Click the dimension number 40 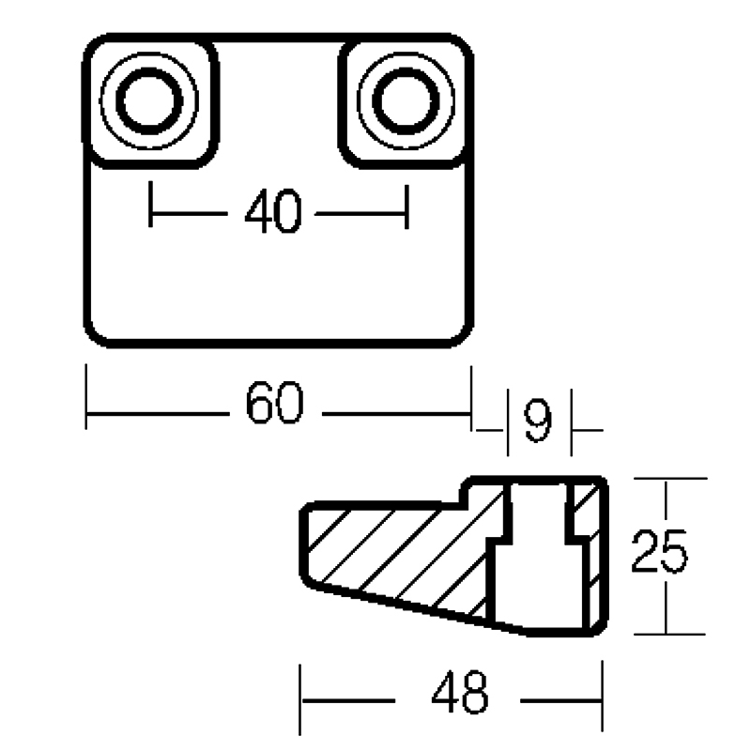click(x=273, y=212)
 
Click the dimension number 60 click(x=275, y=405)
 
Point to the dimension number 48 click(x=460, y=695)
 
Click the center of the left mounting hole click(x=150, y=100)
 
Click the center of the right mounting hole click(x=404, y=100)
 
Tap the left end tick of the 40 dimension click(x=151, y=207)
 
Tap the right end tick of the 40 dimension click(x=406, y=207)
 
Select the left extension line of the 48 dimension click(x=300, y=699)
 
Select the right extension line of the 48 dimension click(x=602, y=699)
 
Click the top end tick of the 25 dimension click(x=665, y=479)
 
